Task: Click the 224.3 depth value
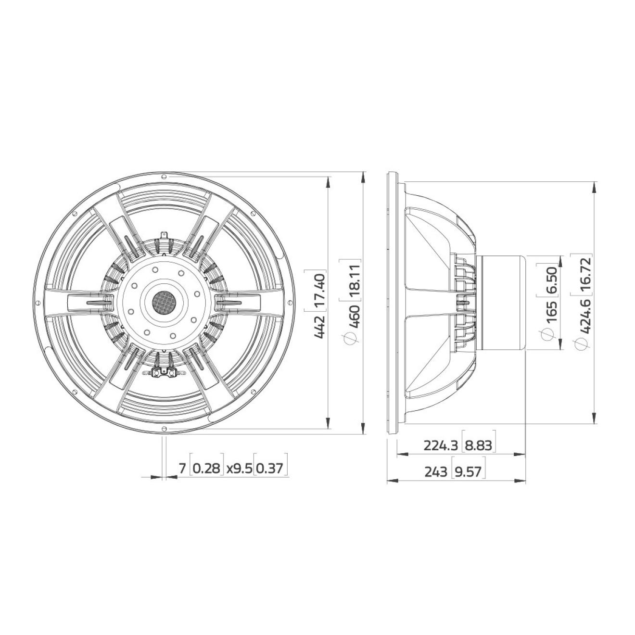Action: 441,446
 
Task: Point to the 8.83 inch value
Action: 478,446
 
